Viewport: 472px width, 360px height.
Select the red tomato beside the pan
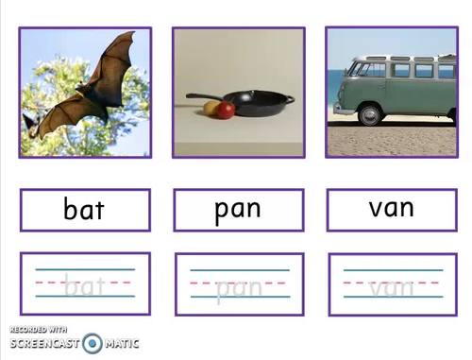click(x=226, y=111)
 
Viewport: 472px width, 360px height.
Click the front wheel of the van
click(x=369, y=114)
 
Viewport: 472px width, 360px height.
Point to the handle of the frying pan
click(x=206, y=96)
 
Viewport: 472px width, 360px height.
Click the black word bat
click(x=84, y=209)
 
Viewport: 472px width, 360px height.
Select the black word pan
click(x=238, y=209)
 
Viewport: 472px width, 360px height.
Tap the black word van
click(x=391, y=208)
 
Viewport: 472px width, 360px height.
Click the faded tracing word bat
click(x=84, y=283)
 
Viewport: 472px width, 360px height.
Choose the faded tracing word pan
click(x=238, y=286)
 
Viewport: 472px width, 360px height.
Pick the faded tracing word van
click(x=392, y=285)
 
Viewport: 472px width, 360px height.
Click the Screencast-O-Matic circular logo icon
click(x=93, y=343)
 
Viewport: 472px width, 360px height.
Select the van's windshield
click(x=356, y=69)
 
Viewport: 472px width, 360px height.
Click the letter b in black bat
click(x=71, y=208)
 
